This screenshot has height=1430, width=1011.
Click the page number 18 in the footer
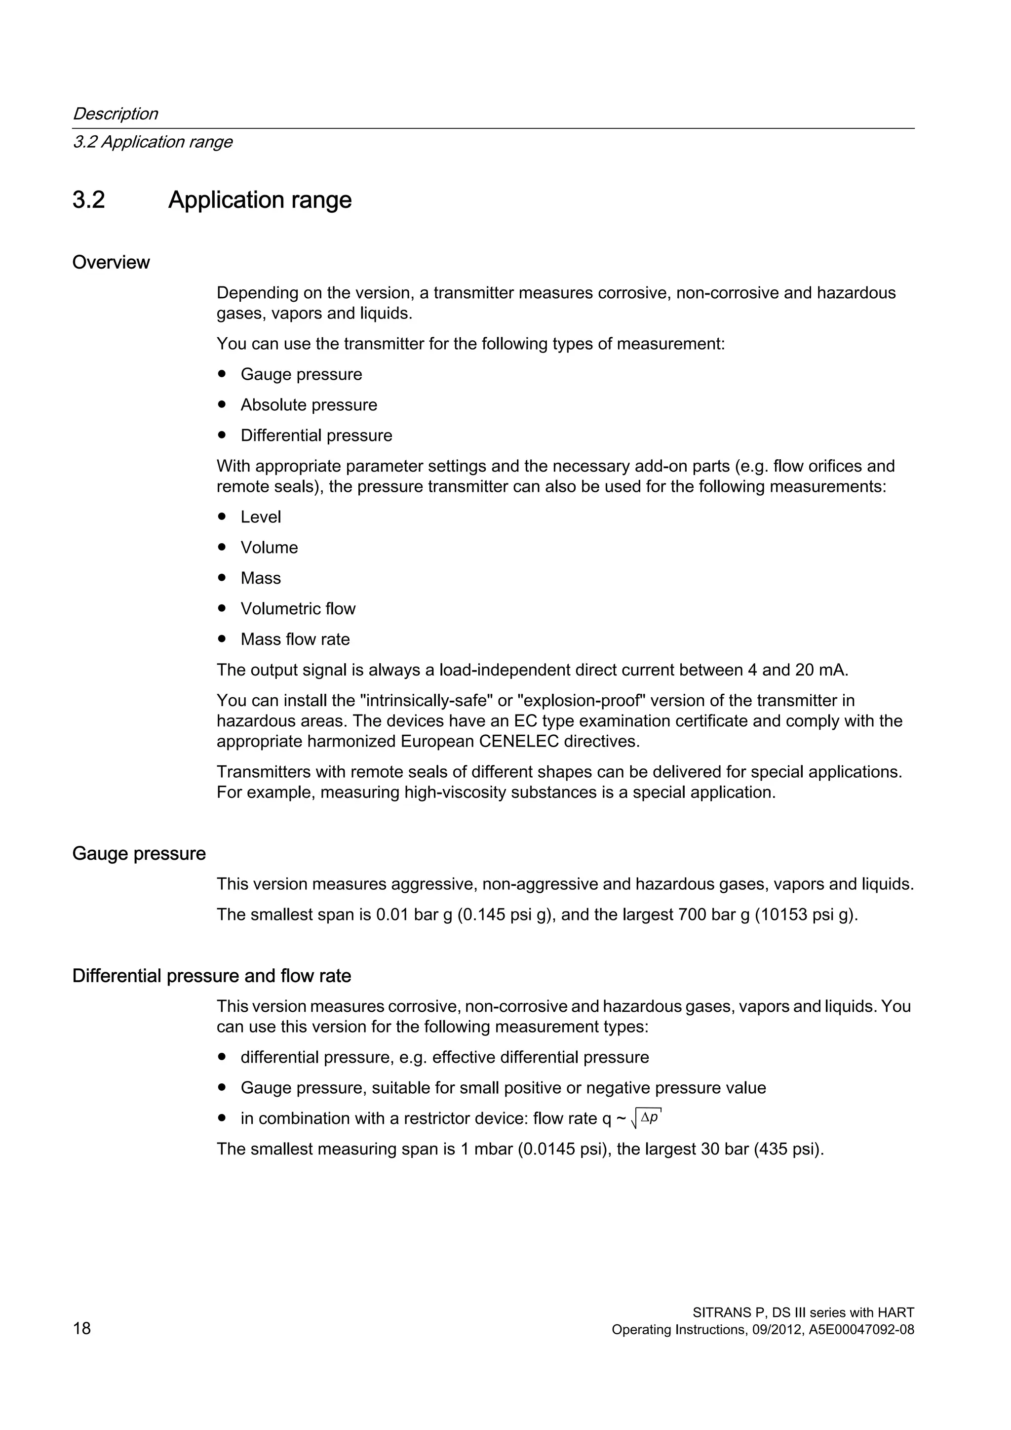[81, 1328]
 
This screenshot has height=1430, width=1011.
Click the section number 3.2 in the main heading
[88, 200]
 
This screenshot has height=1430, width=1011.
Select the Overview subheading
[111, 262]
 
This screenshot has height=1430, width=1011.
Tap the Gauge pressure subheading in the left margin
[139, 853]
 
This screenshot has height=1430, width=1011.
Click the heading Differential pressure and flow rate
[212, 975]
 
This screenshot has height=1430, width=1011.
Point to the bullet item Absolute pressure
[309, 405]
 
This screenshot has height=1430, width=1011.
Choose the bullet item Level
[260, 517]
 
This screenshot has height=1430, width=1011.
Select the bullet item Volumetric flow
[298, 608]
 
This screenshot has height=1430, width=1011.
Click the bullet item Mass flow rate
[295, 639]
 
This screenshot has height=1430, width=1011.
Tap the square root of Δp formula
[646, 1118]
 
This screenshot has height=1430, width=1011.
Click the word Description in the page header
[115, 114]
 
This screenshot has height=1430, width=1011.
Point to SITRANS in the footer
[718, 1312]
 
